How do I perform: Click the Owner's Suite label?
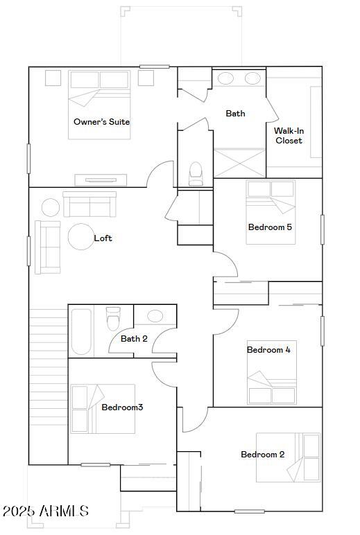101,122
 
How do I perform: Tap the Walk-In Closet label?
289,135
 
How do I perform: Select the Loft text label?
103,238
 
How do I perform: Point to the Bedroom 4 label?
268,350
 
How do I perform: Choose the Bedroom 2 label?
262,455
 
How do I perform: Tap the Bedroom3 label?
122,407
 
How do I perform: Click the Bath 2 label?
134,339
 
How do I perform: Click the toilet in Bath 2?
113,319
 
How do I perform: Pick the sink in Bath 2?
155,316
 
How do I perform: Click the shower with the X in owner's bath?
239,162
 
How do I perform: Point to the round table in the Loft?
80,236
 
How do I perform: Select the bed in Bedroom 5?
271,211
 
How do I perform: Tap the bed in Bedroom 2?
288,457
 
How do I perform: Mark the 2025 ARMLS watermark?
45,511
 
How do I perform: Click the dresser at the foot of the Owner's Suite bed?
101,179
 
